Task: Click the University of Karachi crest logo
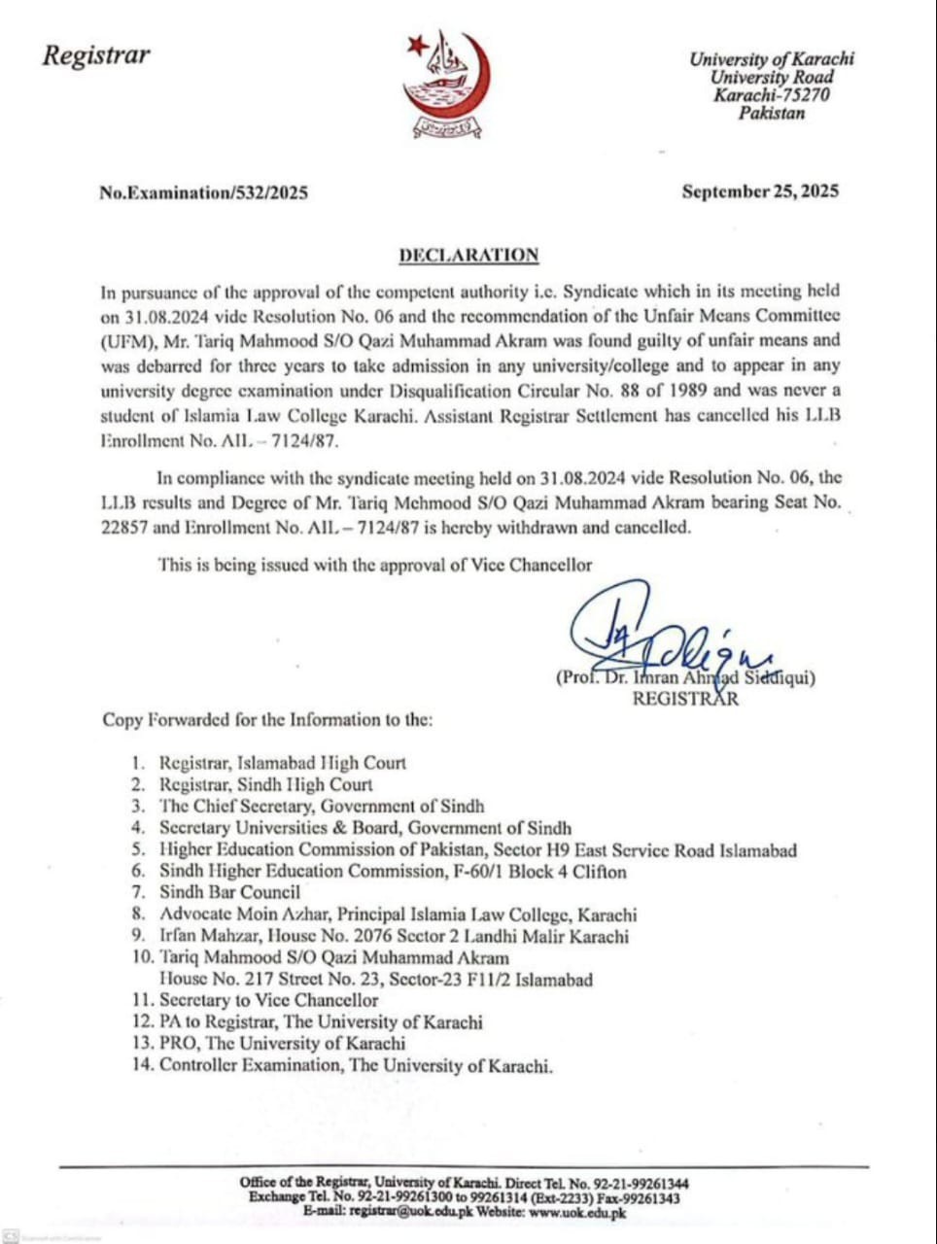pos(447,84)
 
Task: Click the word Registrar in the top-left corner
pos(96,54)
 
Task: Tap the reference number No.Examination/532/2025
pos(203,192)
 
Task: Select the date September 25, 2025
pos(760,191)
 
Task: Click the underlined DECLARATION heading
pos(468,256)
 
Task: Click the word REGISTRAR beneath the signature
pos(685,699)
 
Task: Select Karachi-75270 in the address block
pos(772,95)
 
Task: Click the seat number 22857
pos(126,528)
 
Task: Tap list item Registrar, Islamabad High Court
pos(282,764)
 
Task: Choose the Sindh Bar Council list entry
pos(229,891)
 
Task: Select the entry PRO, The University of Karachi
pos(282,1044)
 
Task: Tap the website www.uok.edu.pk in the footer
pos(577,1213)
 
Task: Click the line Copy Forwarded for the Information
pos(267,720)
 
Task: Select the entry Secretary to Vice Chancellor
pos(268,1000)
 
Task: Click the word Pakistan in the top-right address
pos(772,113)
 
